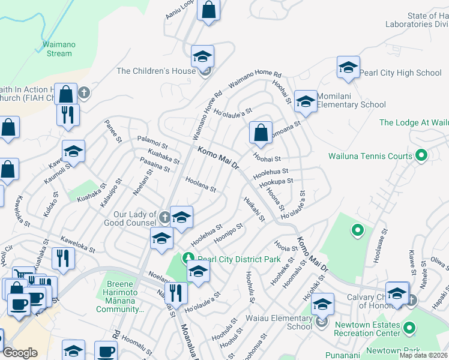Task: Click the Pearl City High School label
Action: [x=400, y=73]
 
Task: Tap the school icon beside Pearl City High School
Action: [x=348, y=68]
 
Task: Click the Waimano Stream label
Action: [x=58, y=49]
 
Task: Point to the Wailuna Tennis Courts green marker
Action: [x=421, y=156]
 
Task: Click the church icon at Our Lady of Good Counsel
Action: [x=164, y=214]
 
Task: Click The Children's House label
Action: [x=156, y=71]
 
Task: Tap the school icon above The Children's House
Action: [x=203, y=57]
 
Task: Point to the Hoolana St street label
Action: [x=200, y=184]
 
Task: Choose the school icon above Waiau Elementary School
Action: [x=322, y=305]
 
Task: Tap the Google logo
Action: [x=20, y=353]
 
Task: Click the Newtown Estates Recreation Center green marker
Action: [x=409, y=328]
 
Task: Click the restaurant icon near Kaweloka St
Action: [x=62, y=259]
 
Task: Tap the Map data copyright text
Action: [x=424, y=355]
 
